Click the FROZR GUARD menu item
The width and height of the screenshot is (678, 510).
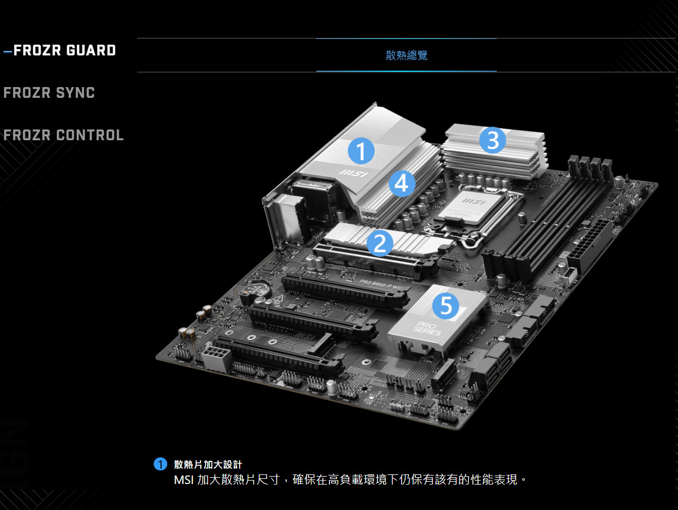[x=64, y=50]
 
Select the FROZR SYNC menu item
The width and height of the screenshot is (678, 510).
[x=49, y=93]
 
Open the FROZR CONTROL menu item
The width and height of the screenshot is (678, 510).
[x=63, y=135]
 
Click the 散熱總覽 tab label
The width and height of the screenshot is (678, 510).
[x=406, y=55]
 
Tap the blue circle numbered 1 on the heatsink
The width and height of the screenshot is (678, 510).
[x=360, y=150]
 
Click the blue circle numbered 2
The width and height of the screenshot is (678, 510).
[x=380, y=244]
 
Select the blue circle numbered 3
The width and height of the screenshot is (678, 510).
[x=493, y=140]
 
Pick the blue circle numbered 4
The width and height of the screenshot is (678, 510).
[x=402, y=183]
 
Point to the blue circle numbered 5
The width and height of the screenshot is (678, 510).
[x=446, y=306]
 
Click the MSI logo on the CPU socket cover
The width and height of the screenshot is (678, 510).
[x=473, y=201]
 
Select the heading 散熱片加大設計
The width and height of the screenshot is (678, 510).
[x=208, y=464]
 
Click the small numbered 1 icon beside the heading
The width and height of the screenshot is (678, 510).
[x=160, y=464]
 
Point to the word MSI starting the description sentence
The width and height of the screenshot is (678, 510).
[x=184, y=480]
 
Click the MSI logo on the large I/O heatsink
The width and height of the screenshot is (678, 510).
[x=353, y=172]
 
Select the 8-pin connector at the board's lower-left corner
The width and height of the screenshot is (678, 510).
[x=215, y=358]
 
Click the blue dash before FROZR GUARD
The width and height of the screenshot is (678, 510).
[x=7, y=51]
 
